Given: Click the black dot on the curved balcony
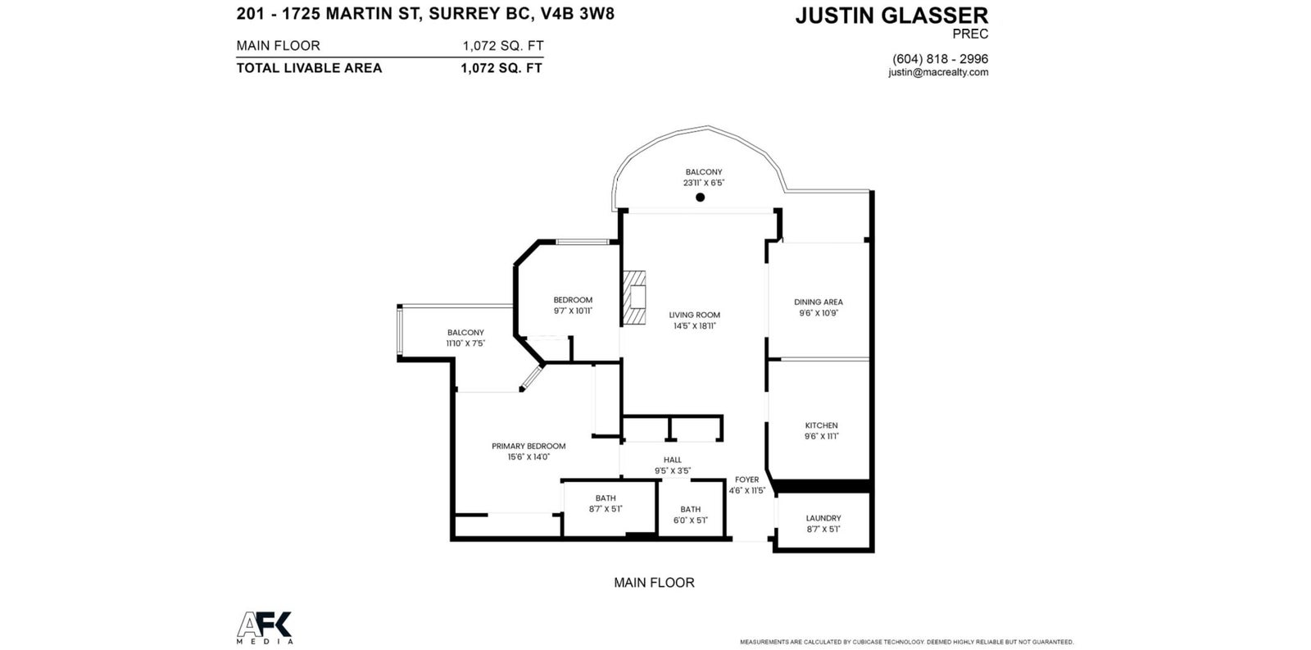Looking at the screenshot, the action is coord(700,198).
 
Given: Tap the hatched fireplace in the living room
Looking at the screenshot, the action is coord(634,298).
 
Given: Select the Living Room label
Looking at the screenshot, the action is coord(695,315).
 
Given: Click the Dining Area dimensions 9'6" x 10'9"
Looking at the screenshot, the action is coord(819,313).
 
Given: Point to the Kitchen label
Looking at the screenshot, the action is coord(822,425).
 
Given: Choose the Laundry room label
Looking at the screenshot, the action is coord(823,518).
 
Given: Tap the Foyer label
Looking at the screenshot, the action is coord(746,480).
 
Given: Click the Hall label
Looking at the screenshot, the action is coord(673,461).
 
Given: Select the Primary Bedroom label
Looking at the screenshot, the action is coord(528,446).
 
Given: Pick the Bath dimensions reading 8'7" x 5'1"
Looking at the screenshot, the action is coord(606,510).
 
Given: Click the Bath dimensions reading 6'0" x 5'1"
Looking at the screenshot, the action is coord(691,520).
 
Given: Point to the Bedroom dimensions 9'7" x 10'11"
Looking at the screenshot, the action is coord(573,311).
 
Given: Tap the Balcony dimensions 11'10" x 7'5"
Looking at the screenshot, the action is coord(466,343).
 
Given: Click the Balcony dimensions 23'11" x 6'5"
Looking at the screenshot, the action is coord(704,183).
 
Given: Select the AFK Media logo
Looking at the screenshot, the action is coord(265,628).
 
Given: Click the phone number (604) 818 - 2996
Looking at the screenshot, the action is coord(940,59).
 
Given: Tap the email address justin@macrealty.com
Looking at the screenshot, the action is coord(938,73).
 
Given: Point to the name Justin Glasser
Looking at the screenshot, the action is coord(892,16).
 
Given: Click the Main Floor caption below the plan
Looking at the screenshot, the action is coord(655,583).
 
